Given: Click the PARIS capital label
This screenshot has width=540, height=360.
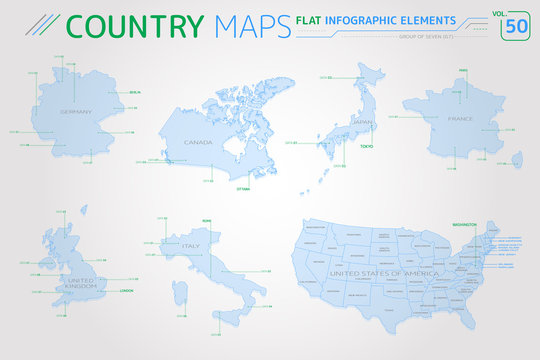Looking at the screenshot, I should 463,70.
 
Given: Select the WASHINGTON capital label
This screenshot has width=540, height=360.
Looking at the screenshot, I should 464,226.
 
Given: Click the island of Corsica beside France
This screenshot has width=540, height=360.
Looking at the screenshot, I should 517,158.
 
